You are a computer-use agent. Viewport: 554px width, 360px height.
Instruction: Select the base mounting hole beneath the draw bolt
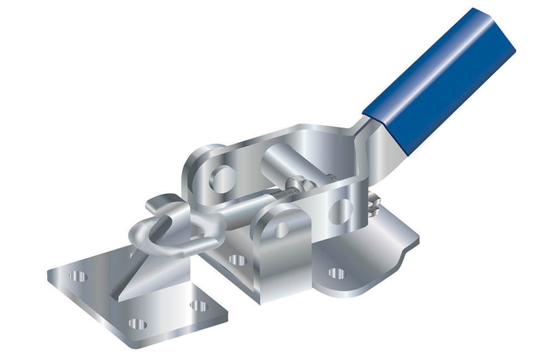[x=238, y=259]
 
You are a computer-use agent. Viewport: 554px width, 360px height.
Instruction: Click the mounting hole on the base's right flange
[x=336, y=273]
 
